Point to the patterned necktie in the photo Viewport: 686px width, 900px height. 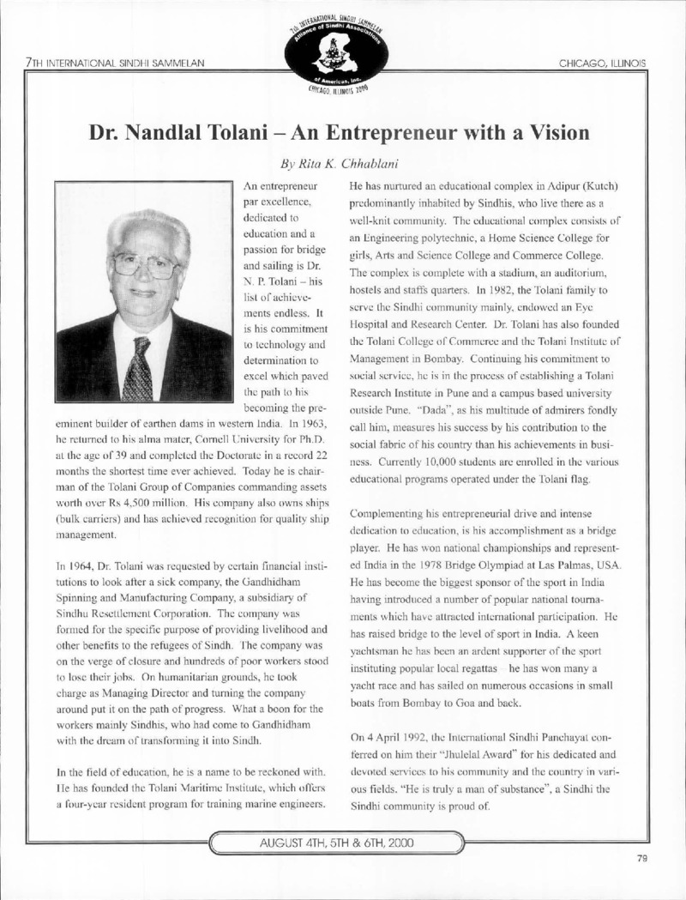136,369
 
